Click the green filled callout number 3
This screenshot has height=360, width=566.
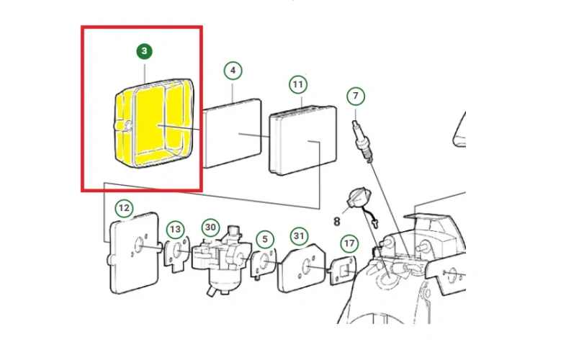[x=145, y=51]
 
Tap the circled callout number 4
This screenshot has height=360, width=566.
[x=233, y=71]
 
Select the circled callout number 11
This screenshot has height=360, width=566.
[x=298, y=84]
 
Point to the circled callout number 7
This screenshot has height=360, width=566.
[x=356, y=96]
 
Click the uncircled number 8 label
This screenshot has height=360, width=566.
[x=337, y=221]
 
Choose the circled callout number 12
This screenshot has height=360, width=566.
[x=124, y=208]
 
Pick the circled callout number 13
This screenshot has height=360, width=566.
[x=176, y=229]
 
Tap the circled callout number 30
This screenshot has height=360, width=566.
[x=210, y=228]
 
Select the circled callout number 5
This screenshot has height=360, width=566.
[x=265, y=239]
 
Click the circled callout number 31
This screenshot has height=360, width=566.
[x=299, y=236]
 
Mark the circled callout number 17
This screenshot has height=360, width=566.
[x=349, y=244]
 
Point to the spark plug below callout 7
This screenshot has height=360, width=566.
[x=362, y=142]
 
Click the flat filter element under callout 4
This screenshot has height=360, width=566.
[x=232, y=133]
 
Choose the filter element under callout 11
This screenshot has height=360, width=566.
[x=303, y=140]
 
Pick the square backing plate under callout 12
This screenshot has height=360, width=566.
[x=134, y=253]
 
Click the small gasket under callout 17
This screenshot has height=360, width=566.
[x=343, y=271]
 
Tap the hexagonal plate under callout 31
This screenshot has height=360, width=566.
[x=302, y=268]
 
